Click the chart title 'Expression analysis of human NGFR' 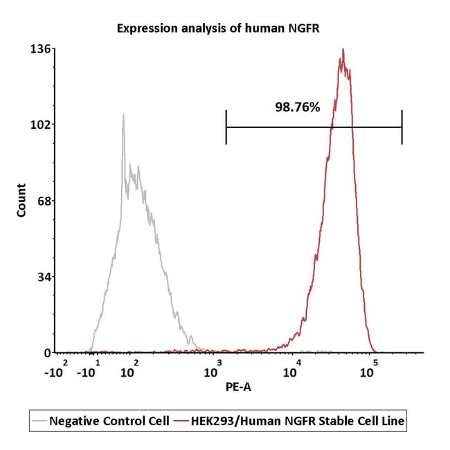pyautogui.click(x=218, y=28)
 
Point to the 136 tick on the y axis pyautogui.click(x=41, y=48)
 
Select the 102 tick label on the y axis pyautogui.click(x=41, y=125)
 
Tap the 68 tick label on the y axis pyautogui.click(x=44, y=201)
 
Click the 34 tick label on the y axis pyautogui.click(x=44, y=277)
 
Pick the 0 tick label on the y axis pyautogui.click(x=48, y=353)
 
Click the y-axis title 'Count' pyautogui.click(x=21, y=200)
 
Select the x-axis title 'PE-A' pyautogui.click(x=238, y=387)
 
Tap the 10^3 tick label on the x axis pyautogui.click(x=213, y=369)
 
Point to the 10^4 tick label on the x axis pyautogui.click(x=292, y=369)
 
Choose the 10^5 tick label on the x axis pyautogui.click(x=369, y=369)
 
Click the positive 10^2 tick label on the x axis pyautogui.click(x=129, y=369)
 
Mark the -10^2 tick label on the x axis pyautogui.click(x=56, y=369)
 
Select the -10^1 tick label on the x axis pyautogui.click(x=89, y=369)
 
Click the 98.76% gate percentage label pyautogui.click(x=297, y=107)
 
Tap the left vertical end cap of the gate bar pyautogui.click(x=226, y=127)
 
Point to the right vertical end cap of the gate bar pyautogui.click(x=402, y=127)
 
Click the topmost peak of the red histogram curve pyautogui.click(x=343, y=49)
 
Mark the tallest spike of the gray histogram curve pyautogui.click(x=123, y=115)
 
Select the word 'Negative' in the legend pyautogui.click(x=74, y=421)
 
